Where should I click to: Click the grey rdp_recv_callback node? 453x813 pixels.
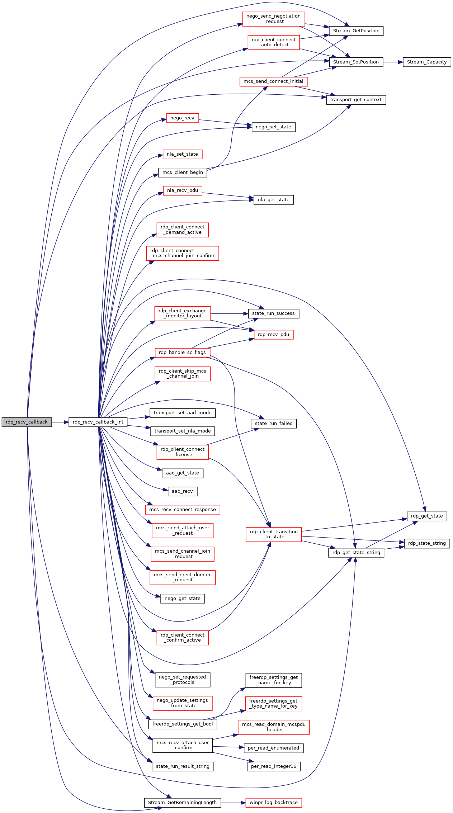coord(27,422)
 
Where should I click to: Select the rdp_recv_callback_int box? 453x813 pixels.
coord(98,422)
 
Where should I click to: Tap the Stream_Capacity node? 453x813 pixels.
coord(426,62)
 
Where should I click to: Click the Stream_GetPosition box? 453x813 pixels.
coord(356,31)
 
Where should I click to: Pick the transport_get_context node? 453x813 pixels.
coord(356,100)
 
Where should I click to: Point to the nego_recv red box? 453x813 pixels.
coord(182,118)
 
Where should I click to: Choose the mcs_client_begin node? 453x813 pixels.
coord(183,172)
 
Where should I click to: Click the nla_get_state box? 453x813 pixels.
coord(273,200)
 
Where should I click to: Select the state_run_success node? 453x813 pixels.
coord(273,313)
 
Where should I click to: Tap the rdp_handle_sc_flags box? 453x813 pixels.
coord(182,353)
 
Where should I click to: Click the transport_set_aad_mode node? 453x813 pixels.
coord(183,413)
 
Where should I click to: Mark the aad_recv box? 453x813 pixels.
coord(182,491)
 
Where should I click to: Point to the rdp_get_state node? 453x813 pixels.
coord(426,516)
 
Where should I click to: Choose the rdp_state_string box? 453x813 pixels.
coord(426,543)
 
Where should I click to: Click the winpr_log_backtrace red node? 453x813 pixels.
coord(273,803)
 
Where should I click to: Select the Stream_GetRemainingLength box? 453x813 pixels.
coord(182,803)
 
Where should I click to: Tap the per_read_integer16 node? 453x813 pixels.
coord(273,766)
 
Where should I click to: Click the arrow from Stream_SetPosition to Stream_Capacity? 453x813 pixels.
coord(393,62)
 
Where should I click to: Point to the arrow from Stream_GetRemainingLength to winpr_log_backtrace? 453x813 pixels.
coord(233,803)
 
